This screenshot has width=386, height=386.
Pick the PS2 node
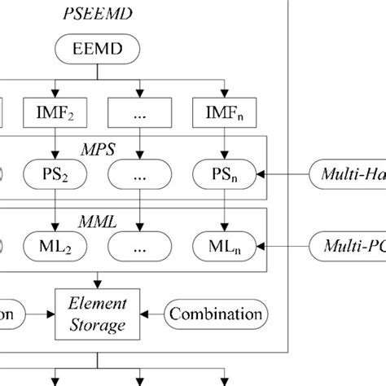pyautogui.click(x=54, y=174)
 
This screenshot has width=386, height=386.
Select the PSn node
pyautogui.click(x=222, y=174)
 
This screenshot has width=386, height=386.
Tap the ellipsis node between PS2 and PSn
pyautogui.click(x=138, y=174)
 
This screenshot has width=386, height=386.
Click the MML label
pyautogui.click(x=97, y=220)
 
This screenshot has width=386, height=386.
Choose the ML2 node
pyautogui.click(x=54, y=243)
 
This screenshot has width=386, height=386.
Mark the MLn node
pyautogui.click(x=222, y=243)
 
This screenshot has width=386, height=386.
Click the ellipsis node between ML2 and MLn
pyautogui.click(x=138, y=243)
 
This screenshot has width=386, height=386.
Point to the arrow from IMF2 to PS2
pyautogui.click(x=54, y=143)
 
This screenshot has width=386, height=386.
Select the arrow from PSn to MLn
pyautogui.click(x=222, y=208)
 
